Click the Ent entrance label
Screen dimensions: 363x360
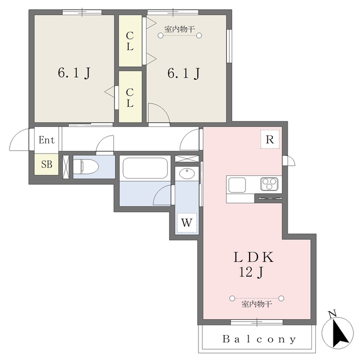click(47, 140)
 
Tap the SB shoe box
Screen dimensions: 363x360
click(47, 164)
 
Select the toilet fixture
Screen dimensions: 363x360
click(86, 166)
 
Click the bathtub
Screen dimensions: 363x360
click(145, 168)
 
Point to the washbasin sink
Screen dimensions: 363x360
click(187, 173)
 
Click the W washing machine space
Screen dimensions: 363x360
click(187, 223)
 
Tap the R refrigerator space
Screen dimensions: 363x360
click(270, 139)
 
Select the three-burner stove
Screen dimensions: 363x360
click(269, 184)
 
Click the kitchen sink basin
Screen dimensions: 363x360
click(237, 185)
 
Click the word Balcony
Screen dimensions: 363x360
click(259, 339)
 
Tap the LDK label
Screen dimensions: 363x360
click(254, 257)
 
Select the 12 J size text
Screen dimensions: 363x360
click(251, 272)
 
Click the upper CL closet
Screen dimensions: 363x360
click(130, 41)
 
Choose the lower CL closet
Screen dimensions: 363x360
click(130, 97)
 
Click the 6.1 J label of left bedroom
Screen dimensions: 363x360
click(74, 73)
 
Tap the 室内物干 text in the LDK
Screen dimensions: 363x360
click(256, 304)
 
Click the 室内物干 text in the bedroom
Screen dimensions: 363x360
click(179, 29)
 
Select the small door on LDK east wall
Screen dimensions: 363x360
click(289, 161)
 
